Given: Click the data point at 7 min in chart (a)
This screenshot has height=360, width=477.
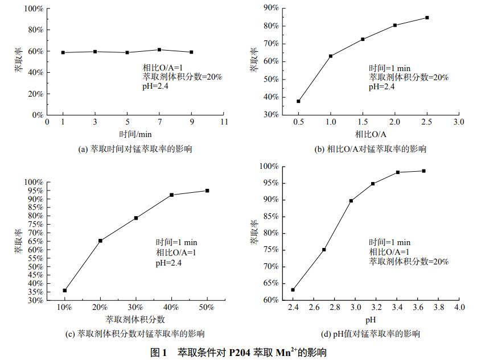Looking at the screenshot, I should (x=159, y=50).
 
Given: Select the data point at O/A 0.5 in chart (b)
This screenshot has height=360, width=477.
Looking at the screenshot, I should (x=298, y=101).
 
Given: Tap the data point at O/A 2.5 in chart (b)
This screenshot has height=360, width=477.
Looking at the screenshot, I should (x=427, y=18).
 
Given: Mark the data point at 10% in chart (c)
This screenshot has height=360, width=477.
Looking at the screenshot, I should (x=65, y=291).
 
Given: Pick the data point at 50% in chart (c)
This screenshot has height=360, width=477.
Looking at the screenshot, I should (x=207, y=191).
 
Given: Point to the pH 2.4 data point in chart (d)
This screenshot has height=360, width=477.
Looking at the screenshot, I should (x=293, y=289).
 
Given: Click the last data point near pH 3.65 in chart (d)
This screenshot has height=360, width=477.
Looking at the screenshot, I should (x=423, y=171).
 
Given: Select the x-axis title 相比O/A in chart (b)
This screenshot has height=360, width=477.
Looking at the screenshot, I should (x=371, y=134).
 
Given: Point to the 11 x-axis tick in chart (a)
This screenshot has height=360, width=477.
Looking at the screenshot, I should (x=224, y=122).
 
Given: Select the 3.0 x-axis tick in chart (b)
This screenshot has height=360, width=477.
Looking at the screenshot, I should (x=459, y=122).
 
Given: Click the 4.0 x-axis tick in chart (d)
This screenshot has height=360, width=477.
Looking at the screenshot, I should (x=459, y=308).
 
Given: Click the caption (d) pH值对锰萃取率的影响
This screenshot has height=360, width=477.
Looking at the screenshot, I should (x=371, y=334).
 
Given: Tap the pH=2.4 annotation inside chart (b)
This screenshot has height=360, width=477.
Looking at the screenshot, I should (x=381, y=87).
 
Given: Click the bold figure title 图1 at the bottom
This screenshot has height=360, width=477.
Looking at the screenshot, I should (x=158, y=353).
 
